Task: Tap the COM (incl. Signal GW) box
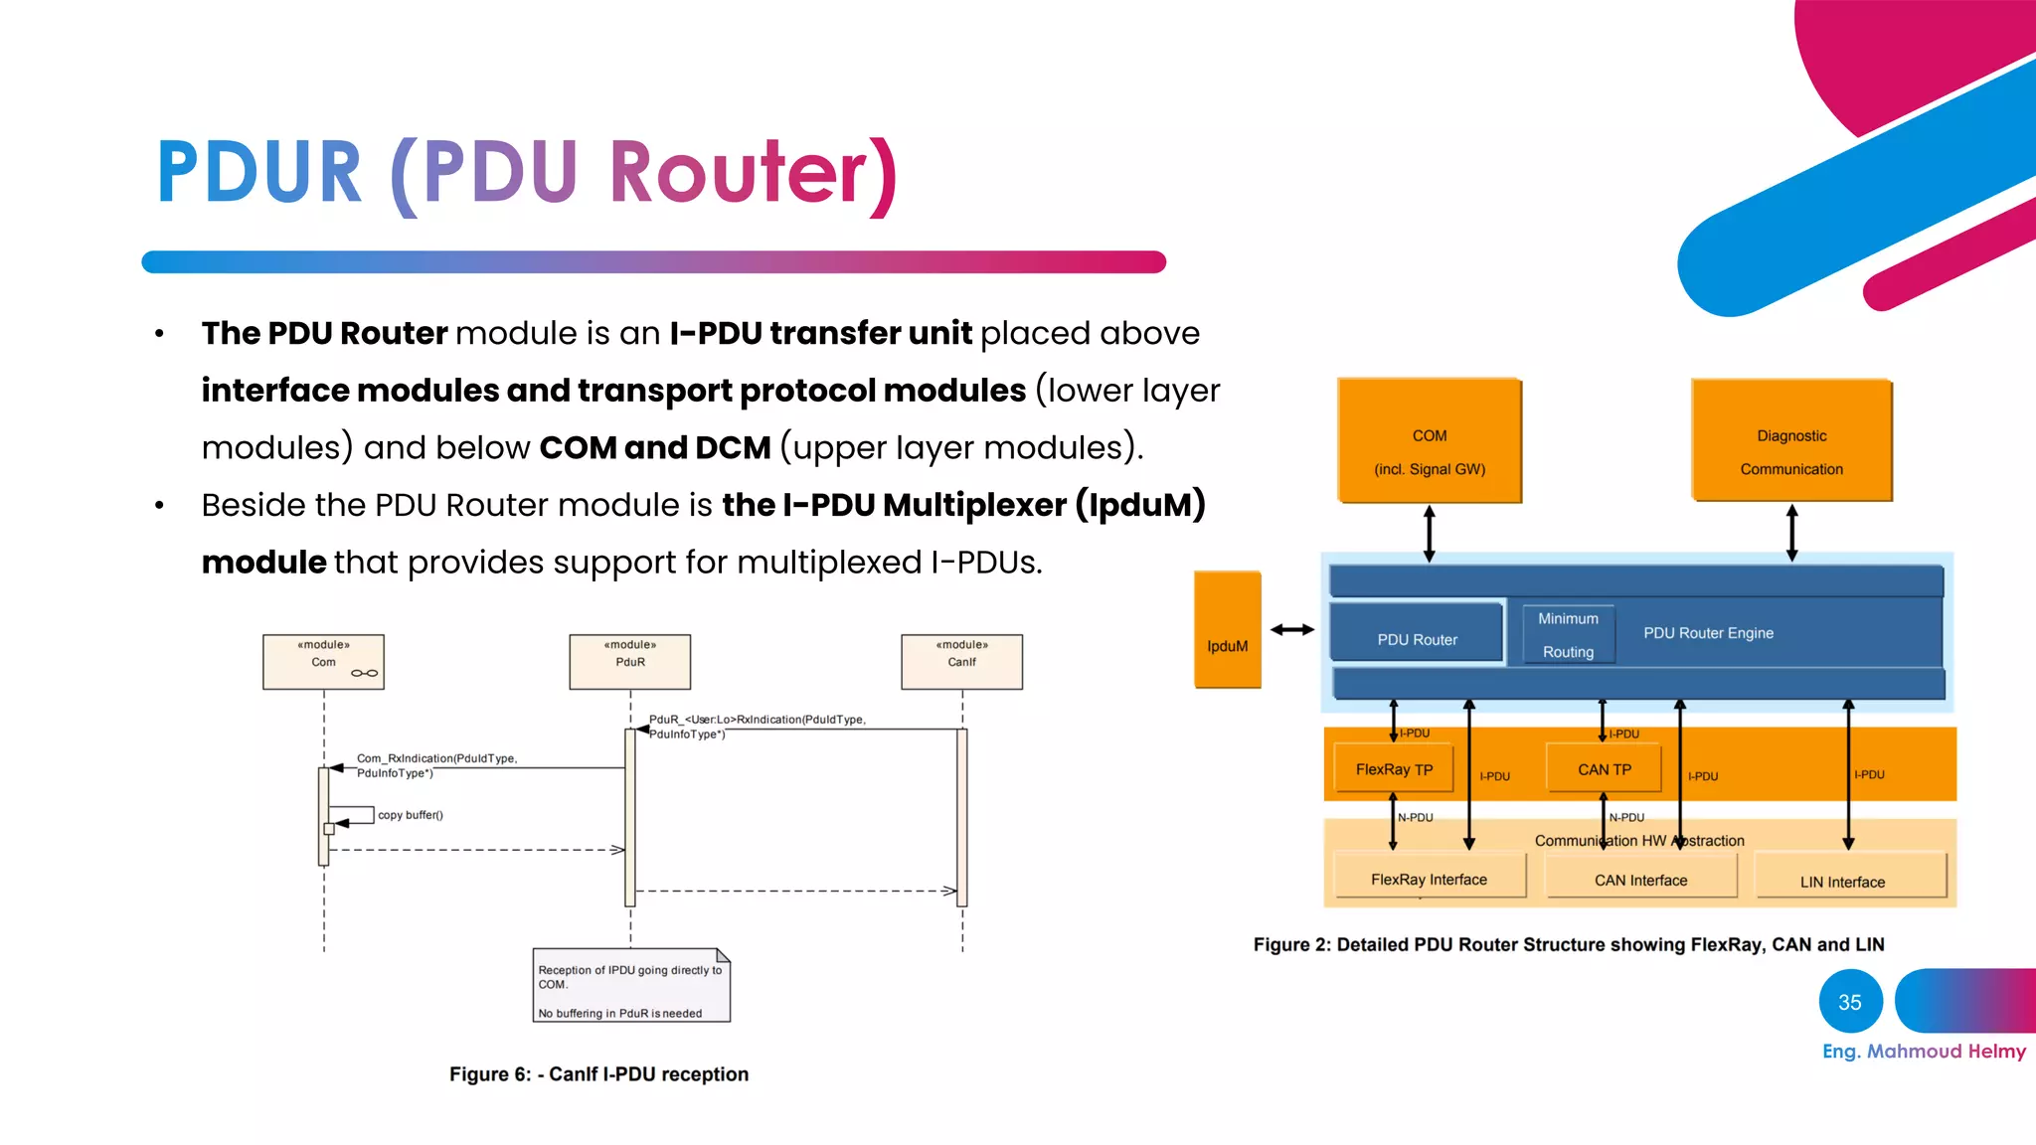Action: coord(1429,440)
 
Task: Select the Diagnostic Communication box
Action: coord(1791,440)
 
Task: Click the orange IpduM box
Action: coord(1227,630)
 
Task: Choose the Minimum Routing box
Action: coord(1568,635)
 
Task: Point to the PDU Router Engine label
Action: coord(1708,633)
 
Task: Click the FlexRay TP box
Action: coord(1394,769)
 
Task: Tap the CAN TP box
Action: coord(1604,769)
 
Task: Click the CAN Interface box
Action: coord(1640,878)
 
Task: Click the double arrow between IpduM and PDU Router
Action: coord(1292,629)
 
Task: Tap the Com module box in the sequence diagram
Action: coord(323,662)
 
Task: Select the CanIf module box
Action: coord(961,662)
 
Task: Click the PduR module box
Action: coord(629,662)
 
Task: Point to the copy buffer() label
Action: coord(410,815)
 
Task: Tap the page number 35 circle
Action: coord(1850,1002)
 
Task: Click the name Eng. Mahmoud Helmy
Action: coord(1923,1052)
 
